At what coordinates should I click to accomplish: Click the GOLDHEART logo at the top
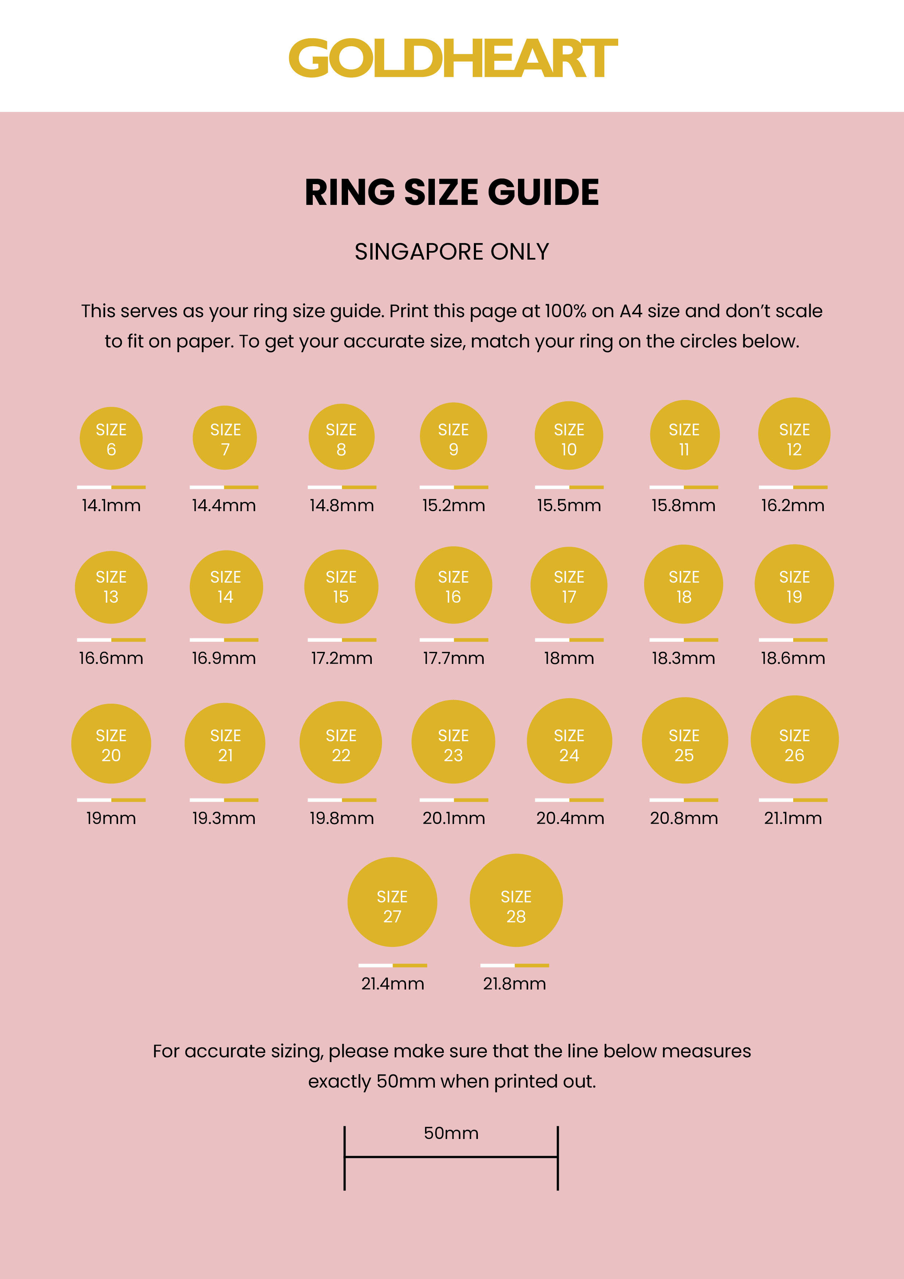point(452,58)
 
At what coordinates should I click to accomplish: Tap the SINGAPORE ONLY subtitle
point(452,252)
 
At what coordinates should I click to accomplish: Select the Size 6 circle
point(112,438)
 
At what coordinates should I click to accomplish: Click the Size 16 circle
point(453,585)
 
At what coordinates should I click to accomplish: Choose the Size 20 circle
point(112,744)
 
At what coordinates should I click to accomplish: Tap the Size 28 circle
point(516,900)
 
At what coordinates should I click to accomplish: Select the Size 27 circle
point(392,902)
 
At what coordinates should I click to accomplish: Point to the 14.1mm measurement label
point(112,506)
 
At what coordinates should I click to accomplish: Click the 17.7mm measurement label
point(453,658)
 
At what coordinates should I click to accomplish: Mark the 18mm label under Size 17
point(569,658)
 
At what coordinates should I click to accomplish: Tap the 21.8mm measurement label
point(514,984)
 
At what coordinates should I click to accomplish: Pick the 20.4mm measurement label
point(570,818)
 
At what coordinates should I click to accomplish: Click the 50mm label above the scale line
point(451,1133)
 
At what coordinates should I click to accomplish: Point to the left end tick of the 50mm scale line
point(345,1158)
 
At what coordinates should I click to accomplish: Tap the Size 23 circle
point(453,742)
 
